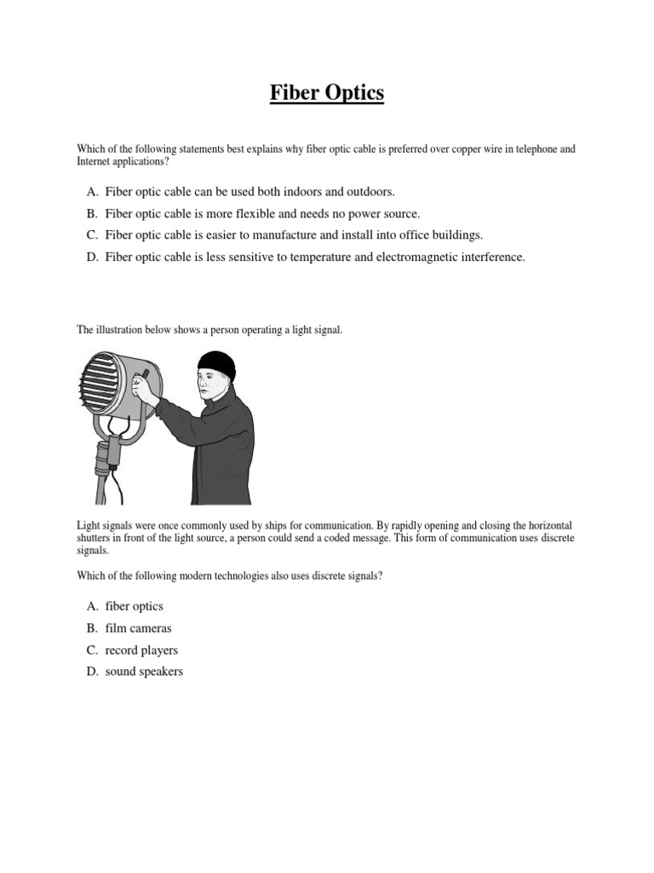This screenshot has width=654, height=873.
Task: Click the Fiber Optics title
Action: (327, 93)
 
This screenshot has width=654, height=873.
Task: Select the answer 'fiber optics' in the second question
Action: (134, 606)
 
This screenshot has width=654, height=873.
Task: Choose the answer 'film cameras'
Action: (138, 628)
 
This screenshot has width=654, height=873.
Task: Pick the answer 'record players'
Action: (141, 650)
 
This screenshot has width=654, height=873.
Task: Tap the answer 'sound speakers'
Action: (144, 672)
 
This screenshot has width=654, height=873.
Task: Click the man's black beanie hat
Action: (216, 364)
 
